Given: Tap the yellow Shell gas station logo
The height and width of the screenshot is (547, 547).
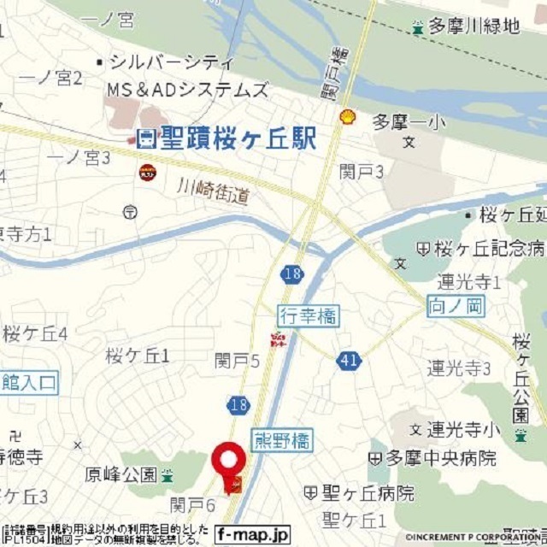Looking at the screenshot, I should (347, 117).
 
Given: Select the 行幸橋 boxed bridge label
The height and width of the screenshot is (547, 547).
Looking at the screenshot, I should (308, 316).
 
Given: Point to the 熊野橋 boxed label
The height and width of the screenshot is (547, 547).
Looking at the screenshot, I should (283, 440).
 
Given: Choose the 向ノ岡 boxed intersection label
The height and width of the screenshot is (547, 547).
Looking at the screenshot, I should (456, 303).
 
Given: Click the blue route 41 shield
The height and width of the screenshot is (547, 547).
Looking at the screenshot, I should (348, 361).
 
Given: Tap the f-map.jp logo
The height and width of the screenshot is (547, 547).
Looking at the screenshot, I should (253, 532).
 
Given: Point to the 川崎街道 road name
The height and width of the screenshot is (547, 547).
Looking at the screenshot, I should (214, 191).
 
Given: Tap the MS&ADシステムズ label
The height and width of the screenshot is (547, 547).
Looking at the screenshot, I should (187, 89).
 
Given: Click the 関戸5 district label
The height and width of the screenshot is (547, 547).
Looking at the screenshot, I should (237, 362).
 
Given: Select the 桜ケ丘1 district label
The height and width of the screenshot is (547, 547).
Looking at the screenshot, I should (138, 355).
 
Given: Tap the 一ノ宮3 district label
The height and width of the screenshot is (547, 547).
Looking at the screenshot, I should (79, 157).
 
